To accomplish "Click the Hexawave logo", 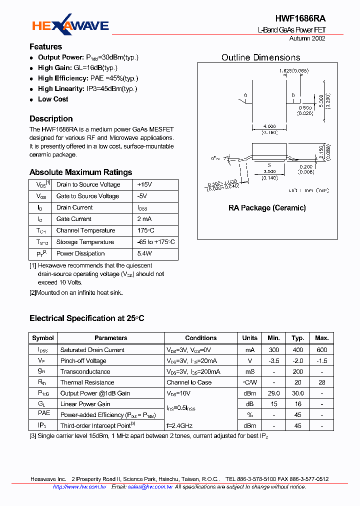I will [x=70, y=25].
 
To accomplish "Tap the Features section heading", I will [x=45, y=47].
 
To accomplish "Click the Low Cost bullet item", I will [x=53, y=99].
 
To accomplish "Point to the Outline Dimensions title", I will [x=260, y=57].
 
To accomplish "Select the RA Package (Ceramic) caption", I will [x=267, y=207].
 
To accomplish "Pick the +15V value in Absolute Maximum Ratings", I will [x=144, y=184].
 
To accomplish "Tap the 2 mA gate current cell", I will [x=145, y=219].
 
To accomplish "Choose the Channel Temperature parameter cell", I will [x=85, y=230].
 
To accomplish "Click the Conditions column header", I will [x=200, y=338].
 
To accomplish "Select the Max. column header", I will [x=321, y=338].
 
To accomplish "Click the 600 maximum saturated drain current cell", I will [x=321, y=350].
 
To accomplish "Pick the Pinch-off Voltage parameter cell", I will [x=83, y=361].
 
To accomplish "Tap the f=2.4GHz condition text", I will [x=179, y=425].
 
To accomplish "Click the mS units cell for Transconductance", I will [x=249, y=371].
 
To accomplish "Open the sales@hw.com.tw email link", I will [x=150, y=486].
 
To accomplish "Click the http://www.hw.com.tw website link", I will [x=79, y=486].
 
